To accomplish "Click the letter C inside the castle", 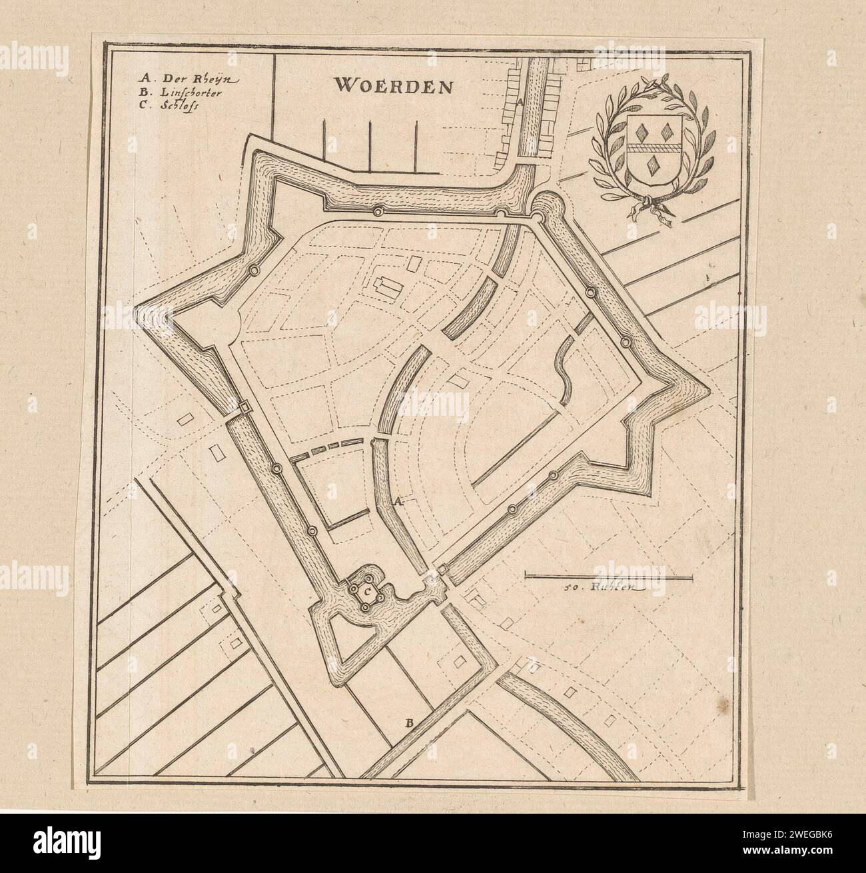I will point(366,590).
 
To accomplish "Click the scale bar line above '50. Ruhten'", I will point(609,574).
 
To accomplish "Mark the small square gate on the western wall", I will point(244,407).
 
